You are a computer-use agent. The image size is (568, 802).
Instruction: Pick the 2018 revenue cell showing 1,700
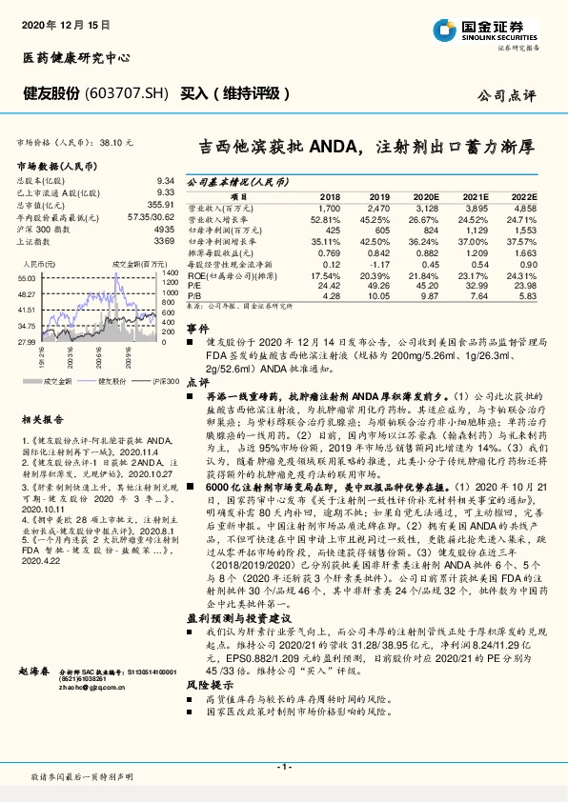pos(328,207)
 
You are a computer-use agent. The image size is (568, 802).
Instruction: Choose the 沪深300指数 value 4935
pos(163,231)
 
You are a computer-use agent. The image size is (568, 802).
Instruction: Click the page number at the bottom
pos(283,767)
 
